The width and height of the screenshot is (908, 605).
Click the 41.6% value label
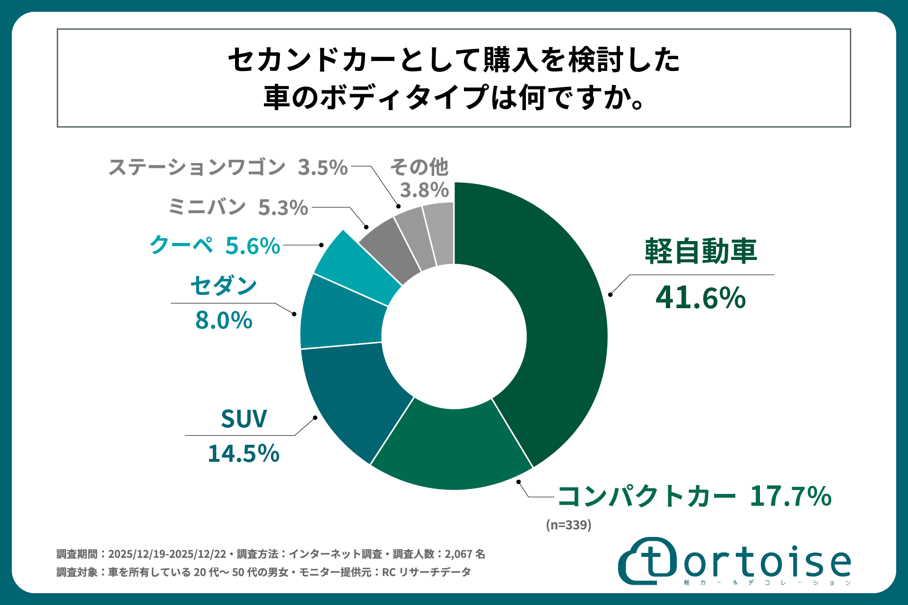(x=700, y=298)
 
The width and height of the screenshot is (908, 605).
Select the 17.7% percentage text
(x=790, y=496)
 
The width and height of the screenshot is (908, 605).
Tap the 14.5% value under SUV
(x=244, y=453)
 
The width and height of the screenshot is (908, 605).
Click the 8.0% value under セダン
(x=224, y=320)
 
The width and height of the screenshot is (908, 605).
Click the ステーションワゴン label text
(x=197, y=167)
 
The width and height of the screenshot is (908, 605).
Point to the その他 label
(x=419, y=167)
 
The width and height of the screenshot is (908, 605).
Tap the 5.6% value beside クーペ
(x=253, y=246)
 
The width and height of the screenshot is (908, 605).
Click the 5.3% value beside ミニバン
(x=283, y=207)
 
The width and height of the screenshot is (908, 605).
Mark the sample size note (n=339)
(x=568, y=525)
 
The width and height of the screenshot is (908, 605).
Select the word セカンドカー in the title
(x=312, y=60)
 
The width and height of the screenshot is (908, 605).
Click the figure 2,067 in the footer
(x=458, y=554)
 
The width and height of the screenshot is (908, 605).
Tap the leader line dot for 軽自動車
(x=610, y=294)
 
